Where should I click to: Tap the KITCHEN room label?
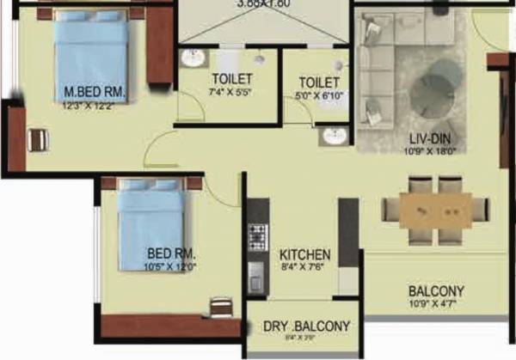click(x=304, y=255)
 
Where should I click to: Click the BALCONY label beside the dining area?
click(x=436, y=291)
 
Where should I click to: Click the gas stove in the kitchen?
click(x=257, y=234)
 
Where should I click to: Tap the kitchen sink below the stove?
click(x=256, y=276)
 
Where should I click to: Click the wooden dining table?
click(x=435, y=211)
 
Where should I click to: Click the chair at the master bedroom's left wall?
click(x=37, y=140)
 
